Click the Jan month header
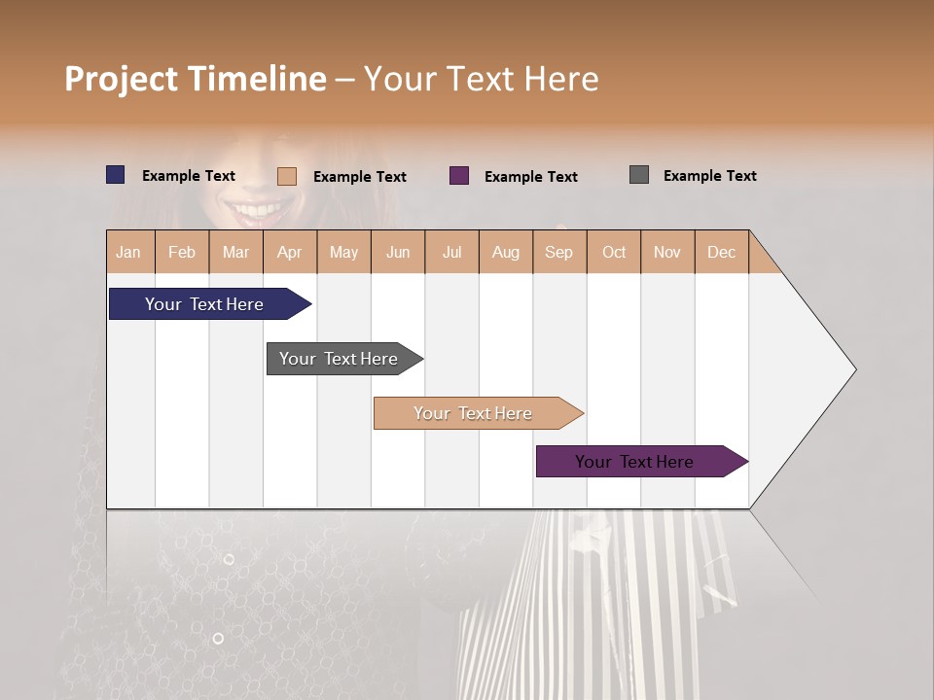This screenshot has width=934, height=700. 129,252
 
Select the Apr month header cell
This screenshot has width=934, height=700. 290,252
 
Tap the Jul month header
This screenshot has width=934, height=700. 451,252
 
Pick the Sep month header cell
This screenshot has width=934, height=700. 558,252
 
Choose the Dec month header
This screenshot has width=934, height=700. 721,252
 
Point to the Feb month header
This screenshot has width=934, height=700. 182,252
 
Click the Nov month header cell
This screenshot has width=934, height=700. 666,252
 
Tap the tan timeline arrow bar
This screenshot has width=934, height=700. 474,413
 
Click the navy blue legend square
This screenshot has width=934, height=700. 116,175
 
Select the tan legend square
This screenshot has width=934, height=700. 287,176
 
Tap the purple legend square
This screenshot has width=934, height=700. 459,176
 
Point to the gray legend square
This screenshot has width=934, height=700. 639,175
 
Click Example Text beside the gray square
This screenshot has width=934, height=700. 709,176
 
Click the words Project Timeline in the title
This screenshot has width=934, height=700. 196,79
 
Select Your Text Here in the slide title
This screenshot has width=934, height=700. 481,79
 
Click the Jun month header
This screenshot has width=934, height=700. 398,252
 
